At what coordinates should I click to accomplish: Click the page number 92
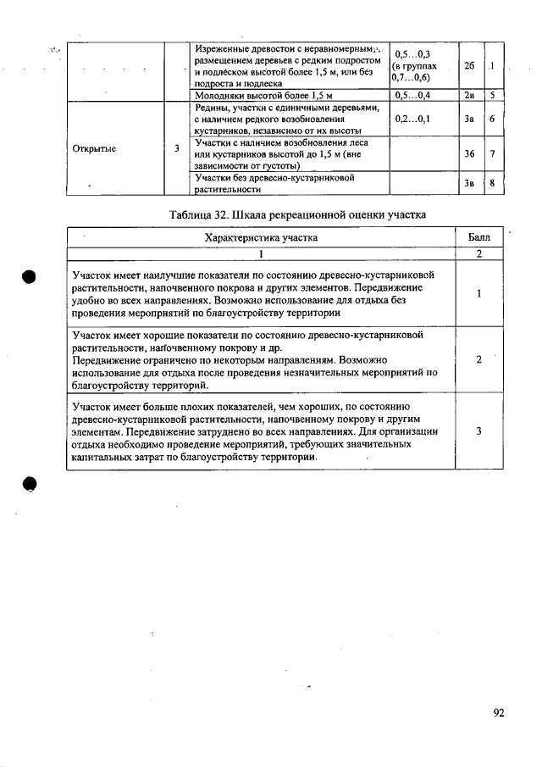pos(499,713)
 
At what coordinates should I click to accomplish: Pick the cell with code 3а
pos(469,119)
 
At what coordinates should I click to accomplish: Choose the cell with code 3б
pos(469,154)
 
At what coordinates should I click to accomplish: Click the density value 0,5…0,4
pos(413,96)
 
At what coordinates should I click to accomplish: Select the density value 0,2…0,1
pos(413,119)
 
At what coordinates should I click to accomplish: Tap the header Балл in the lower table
pos(479,237)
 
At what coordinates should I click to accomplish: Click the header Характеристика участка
pos(262,237)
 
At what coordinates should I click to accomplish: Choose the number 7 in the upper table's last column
pos(492,154)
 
